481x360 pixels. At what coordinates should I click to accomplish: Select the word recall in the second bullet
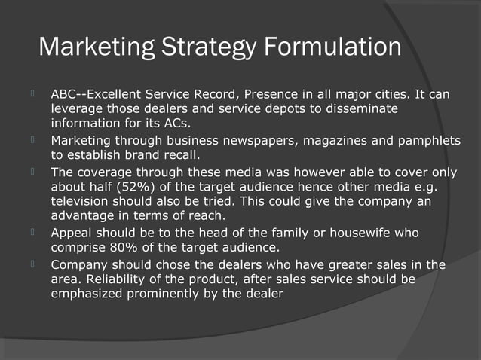[x=179, y=156]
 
